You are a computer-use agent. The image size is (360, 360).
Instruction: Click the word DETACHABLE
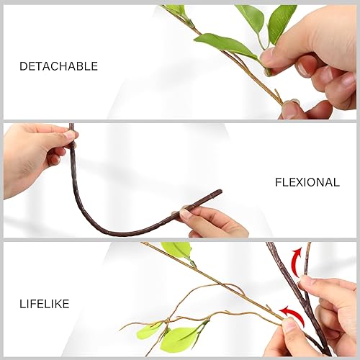(58, 66)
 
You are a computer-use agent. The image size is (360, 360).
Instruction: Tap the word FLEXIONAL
(307, 183)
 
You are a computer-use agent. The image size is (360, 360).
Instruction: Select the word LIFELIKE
(44, 305)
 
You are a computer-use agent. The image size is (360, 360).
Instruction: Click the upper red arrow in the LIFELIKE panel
(294, 256)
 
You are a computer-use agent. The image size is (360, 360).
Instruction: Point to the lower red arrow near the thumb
(289, 313)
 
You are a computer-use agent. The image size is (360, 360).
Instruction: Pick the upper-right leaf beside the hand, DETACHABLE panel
(282, 22)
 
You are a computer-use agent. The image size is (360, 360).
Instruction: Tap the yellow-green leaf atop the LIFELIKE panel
(177, 250)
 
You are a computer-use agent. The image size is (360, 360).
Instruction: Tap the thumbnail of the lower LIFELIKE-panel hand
(291, 325)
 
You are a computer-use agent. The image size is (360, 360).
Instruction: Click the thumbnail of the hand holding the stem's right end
(186, 214)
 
